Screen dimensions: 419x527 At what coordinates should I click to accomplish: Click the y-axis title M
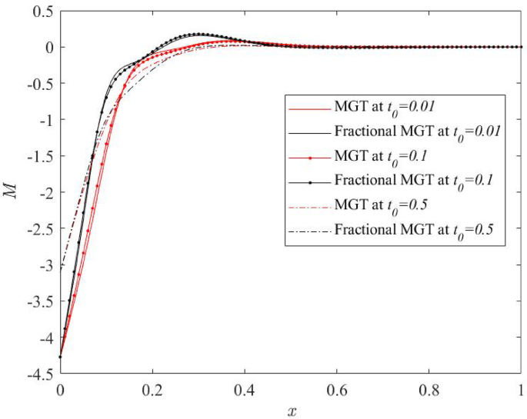coord(11,192)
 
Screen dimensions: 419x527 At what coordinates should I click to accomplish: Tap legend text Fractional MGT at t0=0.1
coord(414,181)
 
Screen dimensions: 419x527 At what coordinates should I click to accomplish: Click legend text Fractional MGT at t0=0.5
coord(414,231)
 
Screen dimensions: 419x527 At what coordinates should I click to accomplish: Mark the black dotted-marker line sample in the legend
coord(308,181)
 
